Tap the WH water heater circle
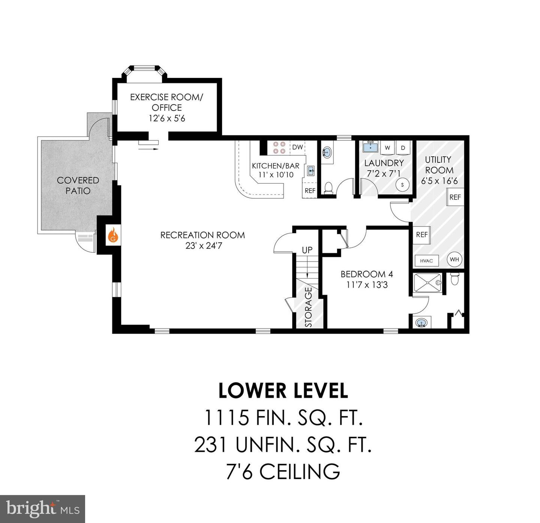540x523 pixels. click(454, 259)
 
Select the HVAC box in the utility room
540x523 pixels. click(426, 261)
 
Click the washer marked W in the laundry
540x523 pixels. click(387, 148)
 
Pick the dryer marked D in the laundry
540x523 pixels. click(403, 148)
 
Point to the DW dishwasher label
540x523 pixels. click(297, 147)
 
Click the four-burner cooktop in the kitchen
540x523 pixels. click(279, 148)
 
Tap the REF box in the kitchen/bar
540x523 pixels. click(310, 190)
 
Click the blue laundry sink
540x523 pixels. click(370, 146)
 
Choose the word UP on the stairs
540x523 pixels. click(307, 250)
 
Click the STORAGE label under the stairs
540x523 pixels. click(308, 307)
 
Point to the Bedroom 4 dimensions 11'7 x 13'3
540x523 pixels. click(367, 285)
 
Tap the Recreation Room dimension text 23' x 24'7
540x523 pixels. click(204, 246)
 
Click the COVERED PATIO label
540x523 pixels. click(78, 185)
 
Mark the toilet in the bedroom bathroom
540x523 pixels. click(454, 279)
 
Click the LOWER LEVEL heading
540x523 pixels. click(283, 391)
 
